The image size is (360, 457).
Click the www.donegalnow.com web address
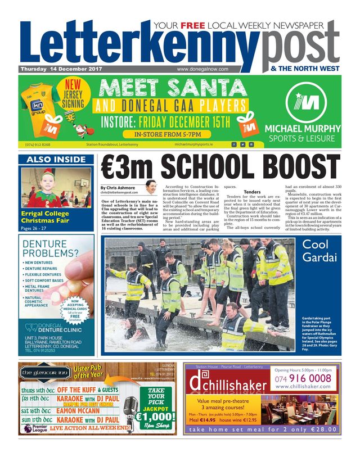[202, 69]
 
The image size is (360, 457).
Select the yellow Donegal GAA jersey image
[41, 107]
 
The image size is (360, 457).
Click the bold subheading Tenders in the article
[251, 192]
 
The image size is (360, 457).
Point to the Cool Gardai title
[319, 251]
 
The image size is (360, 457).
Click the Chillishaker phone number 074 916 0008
[304, 378]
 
